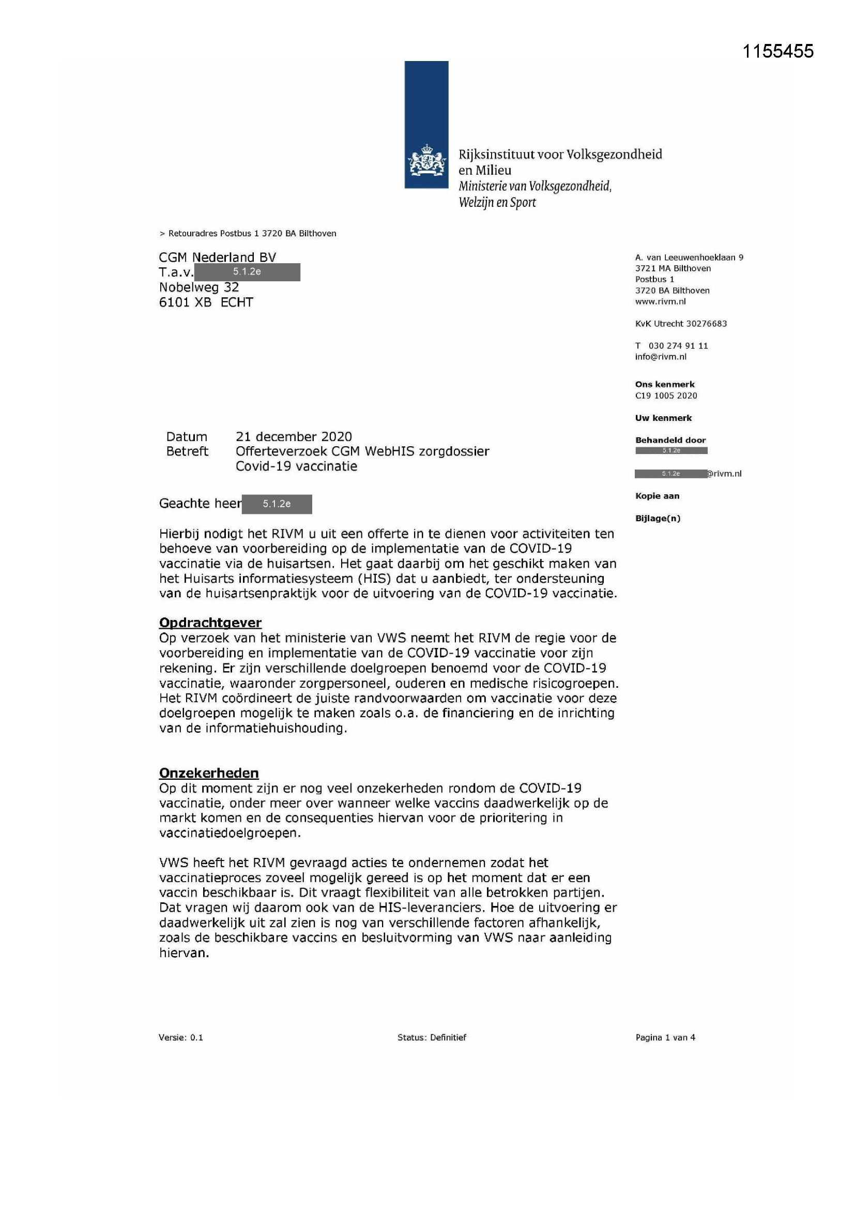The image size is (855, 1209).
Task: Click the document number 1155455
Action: coord(777,51)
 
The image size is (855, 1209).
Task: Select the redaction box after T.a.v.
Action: coord(247,272)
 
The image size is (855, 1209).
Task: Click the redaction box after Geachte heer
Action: coord(277,504)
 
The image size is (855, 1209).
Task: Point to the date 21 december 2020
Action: coord(293,436)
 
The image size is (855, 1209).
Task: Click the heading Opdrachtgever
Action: coord(210,623)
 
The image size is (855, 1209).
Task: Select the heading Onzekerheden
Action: coord(208,773)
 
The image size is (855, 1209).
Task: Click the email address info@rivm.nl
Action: coord(660,357)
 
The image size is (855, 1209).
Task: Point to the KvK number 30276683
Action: coord(706,324)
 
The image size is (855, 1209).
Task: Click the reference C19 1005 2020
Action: coord(665,396)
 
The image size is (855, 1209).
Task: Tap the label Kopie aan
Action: coord(657,496)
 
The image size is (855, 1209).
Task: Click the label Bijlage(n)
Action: coord(657,519)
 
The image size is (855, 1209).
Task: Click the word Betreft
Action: coord(187,451)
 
